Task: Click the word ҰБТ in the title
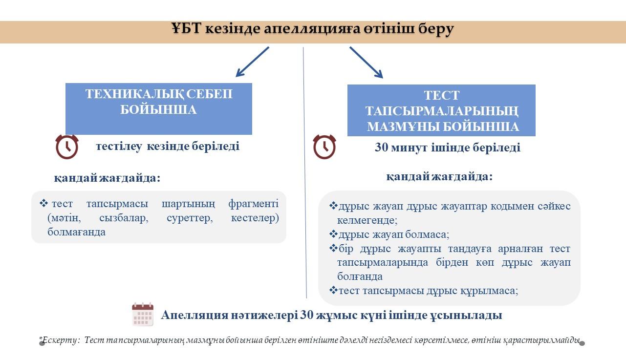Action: click(x=186, y=28)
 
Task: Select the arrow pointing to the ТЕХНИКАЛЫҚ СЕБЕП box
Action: click(x=252, y=62)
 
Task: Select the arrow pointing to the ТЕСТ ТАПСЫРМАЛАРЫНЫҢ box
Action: click(x=366, y=63)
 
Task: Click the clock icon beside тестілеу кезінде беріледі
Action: click(x=67, y=147)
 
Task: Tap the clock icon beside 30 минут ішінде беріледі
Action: click(x=324, y=147)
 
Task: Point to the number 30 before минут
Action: click(x=382, y=148)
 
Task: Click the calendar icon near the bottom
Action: click(x=143, y=314)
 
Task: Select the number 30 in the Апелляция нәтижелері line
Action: click(x=307, y=315)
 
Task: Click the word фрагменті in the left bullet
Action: click(x=254, y=204)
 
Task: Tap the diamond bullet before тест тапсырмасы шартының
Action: click(x=43, y=203)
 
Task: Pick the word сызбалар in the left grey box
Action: click(x=124, y=218)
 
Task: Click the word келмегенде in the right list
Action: click(x=367, y=220)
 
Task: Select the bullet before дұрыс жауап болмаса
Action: click(x=333, y=234)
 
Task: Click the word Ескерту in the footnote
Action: click(x=60, y=340)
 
